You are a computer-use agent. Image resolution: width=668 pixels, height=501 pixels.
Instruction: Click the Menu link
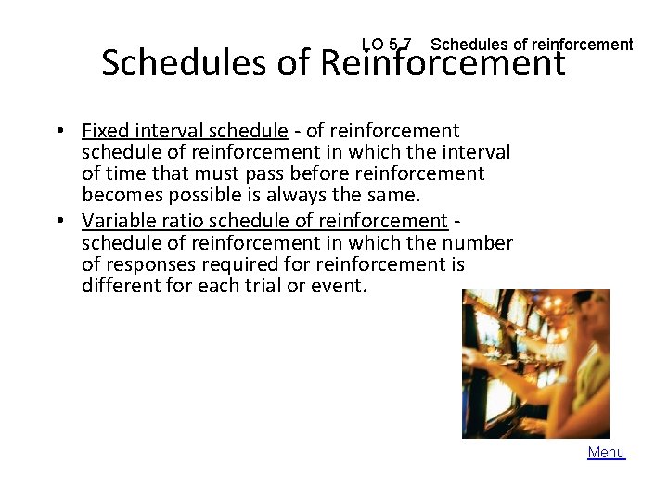[606, 453]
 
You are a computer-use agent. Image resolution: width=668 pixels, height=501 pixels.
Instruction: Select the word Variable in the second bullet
[116, 221]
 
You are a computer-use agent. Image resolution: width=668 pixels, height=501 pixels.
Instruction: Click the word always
[293, 196]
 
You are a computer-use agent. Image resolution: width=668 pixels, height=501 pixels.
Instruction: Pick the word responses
[153, 264]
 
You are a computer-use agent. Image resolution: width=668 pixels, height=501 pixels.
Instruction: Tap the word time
[126, 173]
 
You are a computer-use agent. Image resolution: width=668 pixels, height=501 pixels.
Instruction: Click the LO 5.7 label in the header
[387, 45]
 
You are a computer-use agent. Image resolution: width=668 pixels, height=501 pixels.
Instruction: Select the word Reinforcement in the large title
[442, 63]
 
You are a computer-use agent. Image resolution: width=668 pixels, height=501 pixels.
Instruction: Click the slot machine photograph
[535, 363]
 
